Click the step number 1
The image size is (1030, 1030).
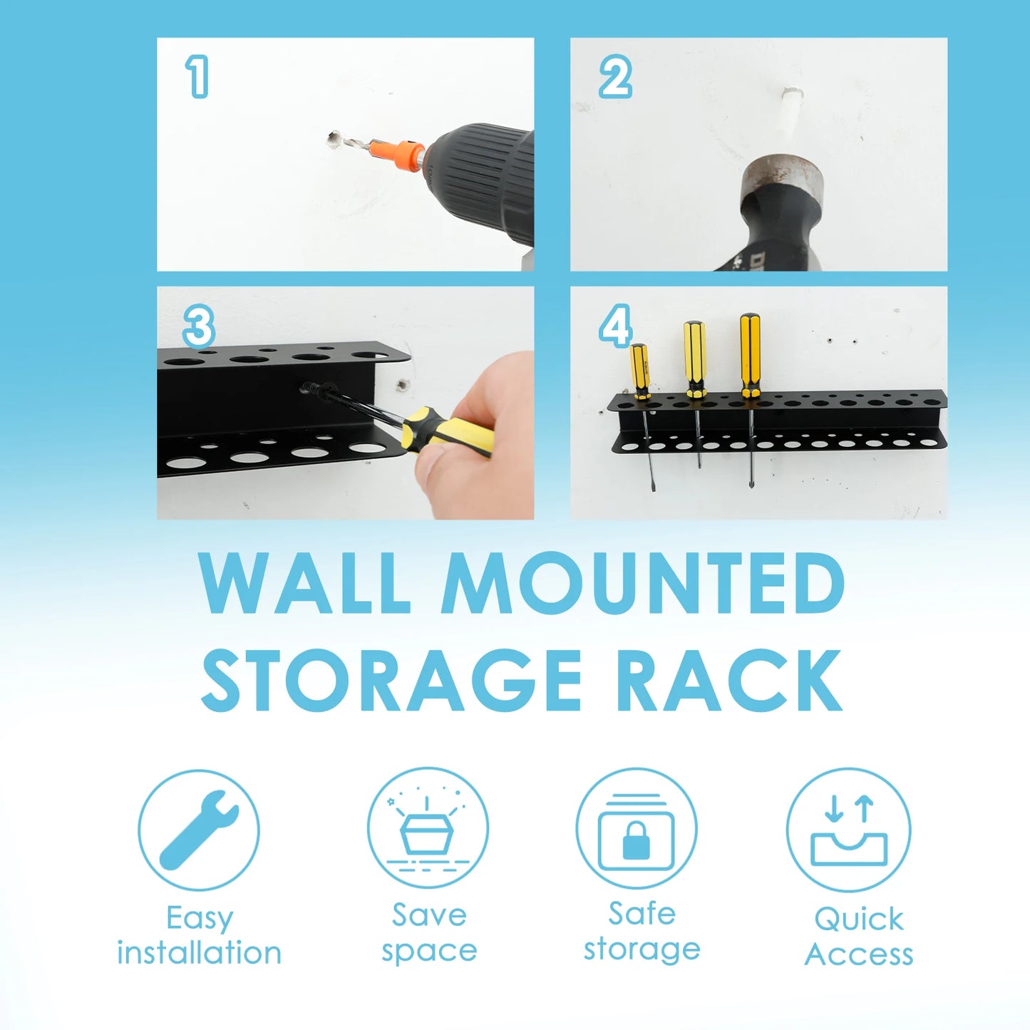(197, 77)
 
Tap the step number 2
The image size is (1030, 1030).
(614, 77)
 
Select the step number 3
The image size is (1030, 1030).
(198, 326)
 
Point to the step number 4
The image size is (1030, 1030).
(615, 326)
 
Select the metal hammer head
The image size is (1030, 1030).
(783, 181)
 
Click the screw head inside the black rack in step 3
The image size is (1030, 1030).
(311, 388)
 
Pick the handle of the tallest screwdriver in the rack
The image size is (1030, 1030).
(750, 355)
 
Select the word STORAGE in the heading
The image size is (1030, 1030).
(392, 680)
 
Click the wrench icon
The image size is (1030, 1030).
(199, 830)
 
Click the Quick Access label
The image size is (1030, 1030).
(859, 936)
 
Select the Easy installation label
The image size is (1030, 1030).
(199, 934)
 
